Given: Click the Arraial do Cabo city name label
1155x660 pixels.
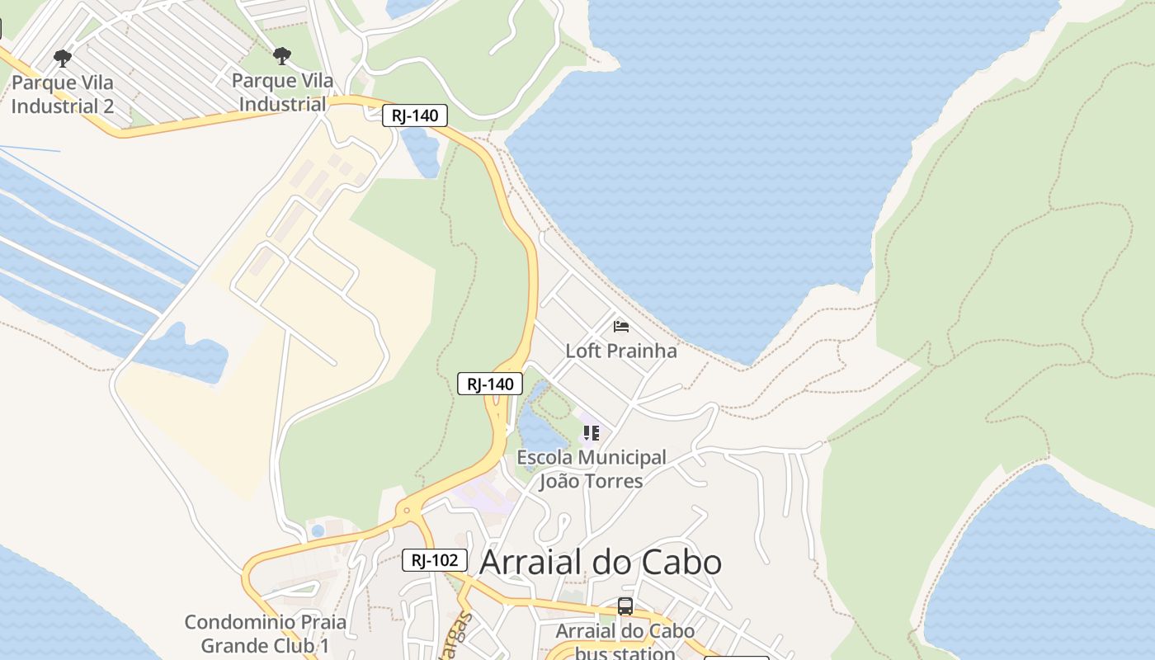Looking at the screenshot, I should click(x=600, y=563).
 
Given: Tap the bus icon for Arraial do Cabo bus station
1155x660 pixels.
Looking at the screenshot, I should click(x=625, y=606).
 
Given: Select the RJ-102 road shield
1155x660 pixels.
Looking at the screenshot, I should click(x=435, y=560).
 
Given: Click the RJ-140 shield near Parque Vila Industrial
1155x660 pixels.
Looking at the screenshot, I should click(x=415, y=115).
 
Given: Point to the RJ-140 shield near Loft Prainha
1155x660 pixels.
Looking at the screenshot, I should click(x=490, y=384).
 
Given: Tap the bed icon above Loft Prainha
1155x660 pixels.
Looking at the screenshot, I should click(x=621, y=327).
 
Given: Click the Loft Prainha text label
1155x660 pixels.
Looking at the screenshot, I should click(x=620, y=351).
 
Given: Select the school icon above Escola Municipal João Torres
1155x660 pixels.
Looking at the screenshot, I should click(x=591, y=432).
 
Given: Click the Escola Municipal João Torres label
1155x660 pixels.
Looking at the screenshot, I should click(x=591, y=469).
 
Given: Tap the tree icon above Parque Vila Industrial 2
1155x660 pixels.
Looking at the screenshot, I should click(x=62, y=58).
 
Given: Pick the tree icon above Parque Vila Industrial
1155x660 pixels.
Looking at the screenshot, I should click(x=282, y=56).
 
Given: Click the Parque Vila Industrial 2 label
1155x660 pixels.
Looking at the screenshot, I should click(x=63, y=94).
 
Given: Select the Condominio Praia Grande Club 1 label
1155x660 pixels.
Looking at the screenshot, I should click(x=265, y=634).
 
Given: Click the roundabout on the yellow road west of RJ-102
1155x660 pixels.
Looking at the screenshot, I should click(x=406, y=511).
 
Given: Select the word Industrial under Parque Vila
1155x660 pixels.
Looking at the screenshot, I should click(x=282, y=105).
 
